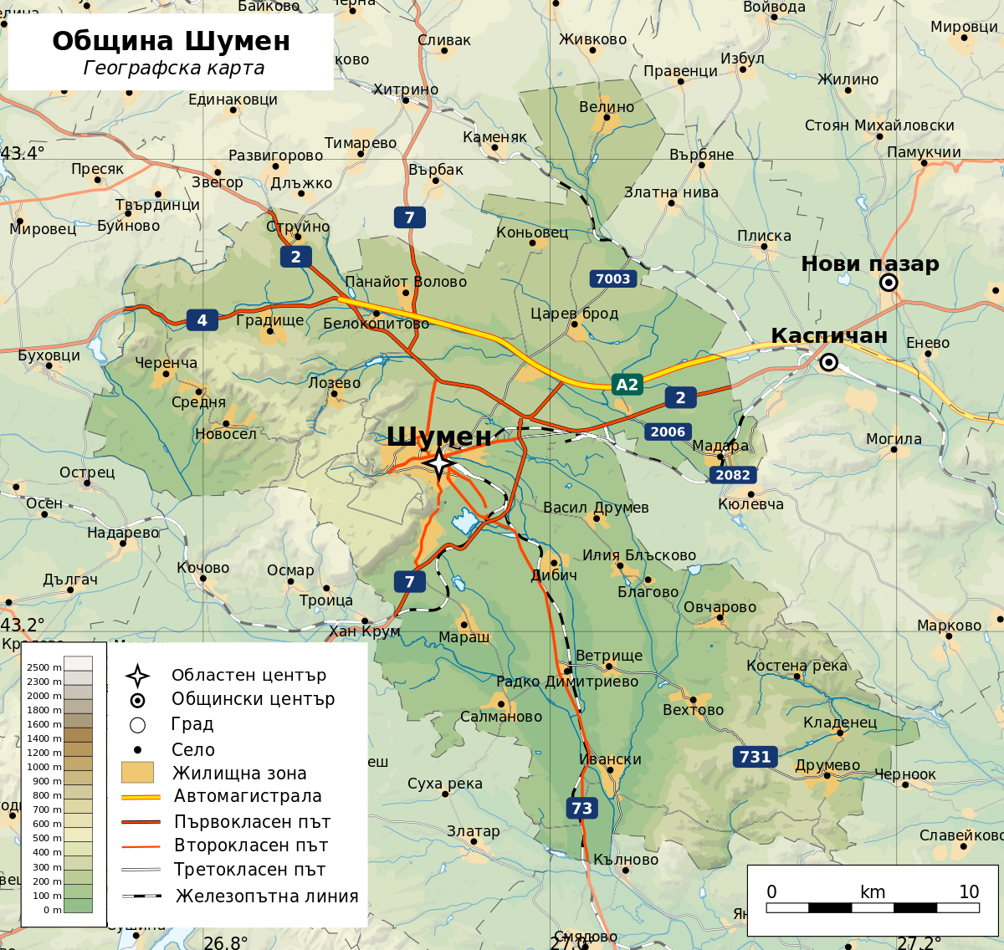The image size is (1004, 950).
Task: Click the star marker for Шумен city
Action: (438, 462)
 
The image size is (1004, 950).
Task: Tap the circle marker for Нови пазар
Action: (889, 283)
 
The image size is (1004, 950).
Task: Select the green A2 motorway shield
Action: (627, 385)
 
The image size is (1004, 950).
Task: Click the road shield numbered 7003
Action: (612, 278)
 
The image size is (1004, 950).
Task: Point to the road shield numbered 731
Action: (755, 757)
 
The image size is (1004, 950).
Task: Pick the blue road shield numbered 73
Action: (581, 808)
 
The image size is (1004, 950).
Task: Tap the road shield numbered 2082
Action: (733, 475)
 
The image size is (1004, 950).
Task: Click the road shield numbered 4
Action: (202, 319)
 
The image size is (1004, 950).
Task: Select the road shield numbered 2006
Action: (668, 432)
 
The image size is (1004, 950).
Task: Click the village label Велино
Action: (607, 107)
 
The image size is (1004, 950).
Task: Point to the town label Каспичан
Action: (828, 335)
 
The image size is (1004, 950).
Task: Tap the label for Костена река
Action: (797, 666)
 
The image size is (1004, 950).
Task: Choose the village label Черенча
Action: (166, 363)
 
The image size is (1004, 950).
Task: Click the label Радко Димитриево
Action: (566, 682)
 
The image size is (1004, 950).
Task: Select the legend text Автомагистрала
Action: (247, 796)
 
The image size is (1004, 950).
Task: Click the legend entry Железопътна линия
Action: (266, 896)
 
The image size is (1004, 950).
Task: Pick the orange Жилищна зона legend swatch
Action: (138, 772)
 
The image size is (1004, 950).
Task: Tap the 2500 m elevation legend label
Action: (44, 667)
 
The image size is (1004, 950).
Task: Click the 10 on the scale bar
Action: (969, 891)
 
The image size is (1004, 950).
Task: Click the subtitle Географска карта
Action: (174, 69)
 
